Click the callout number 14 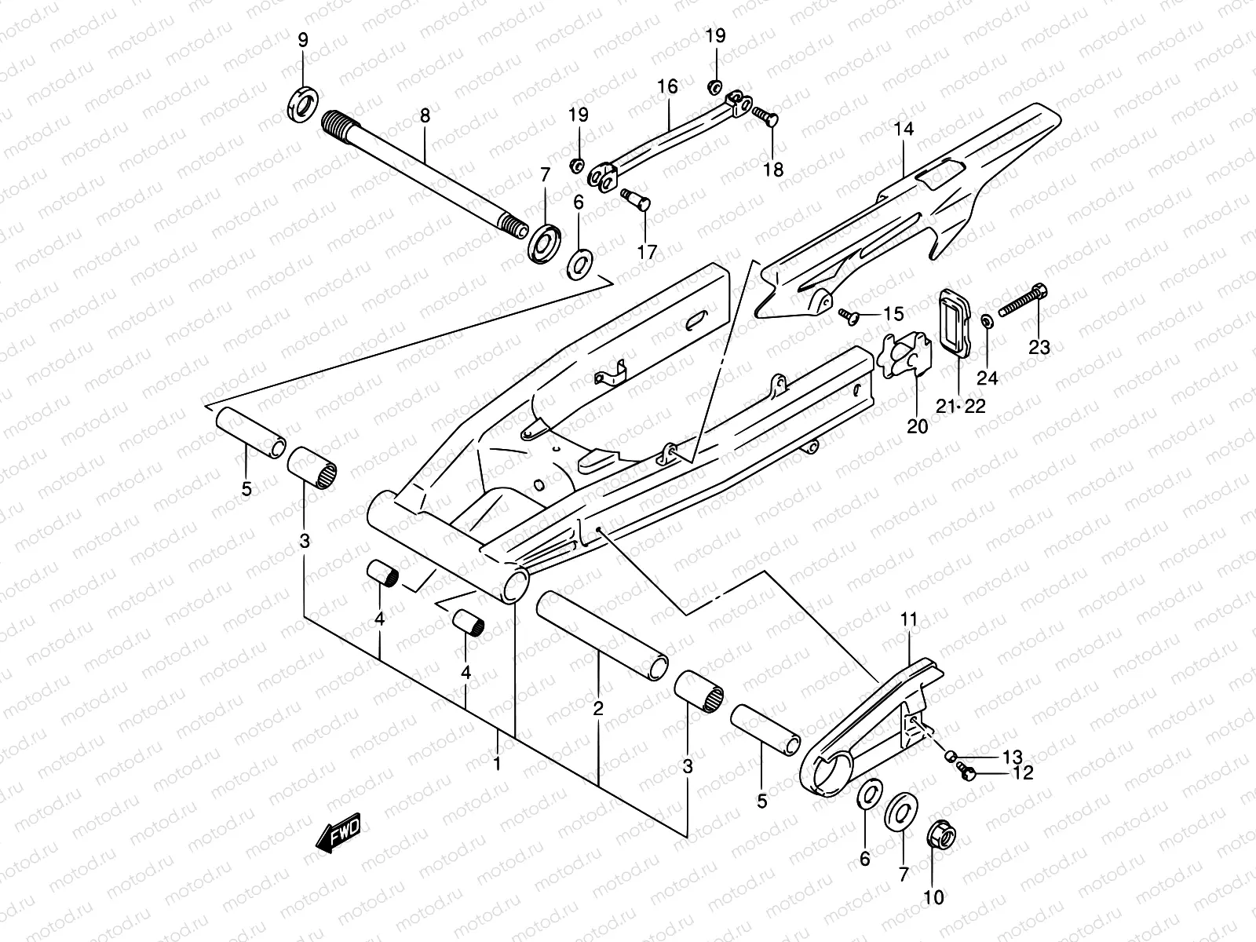pyautogui.click(x=904, y=129)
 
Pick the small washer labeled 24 pyautogui.click(x=986, y=320)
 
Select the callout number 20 pyautogui.click(x=917, y=426)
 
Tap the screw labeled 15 pyautogui.click(x=847, y=315)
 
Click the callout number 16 pyautogui.click(x=667, y=86)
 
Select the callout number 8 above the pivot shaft pyautogui.click(x=425, y=116)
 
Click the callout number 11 pyautogui.click(x=908, y=620)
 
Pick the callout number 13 pyautogui.click(x=1013, y=757)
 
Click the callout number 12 pyautogui.click(x=1023, y=773)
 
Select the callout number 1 pyautogui.click(x=498, y=762)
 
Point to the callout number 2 pyautogui.click(x=598, y=709)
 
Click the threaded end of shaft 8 pyautogui.click(x=340, y=122)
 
